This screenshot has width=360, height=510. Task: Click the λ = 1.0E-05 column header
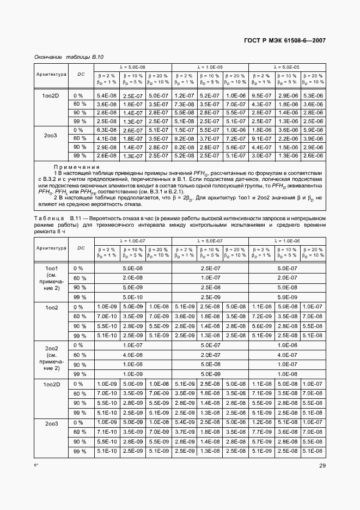point(210,66)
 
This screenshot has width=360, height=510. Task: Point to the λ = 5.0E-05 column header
point(288,66)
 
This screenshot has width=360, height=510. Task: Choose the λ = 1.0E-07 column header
point(133,240)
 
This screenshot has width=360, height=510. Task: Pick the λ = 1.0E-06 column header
point(288,240)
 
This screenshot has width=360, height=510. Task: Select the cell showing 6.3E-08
point(107,130)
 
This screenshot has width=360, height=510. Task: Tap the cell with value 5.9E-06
point(313,130)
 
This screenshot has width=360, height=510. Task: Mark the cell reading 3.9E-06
point(313,138)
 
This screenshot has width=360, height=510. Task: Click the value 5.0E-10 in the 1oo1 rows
point(133,297)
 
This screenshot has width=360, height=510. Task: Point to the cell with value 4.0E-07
point(288,355)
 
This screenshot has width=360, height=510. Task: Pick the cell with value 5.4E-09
point(184,422)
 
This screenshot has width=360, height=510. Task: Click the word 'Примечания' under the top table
point(76,167)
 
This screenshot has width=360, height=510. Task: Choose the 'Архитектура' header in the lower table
point(51,248)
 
